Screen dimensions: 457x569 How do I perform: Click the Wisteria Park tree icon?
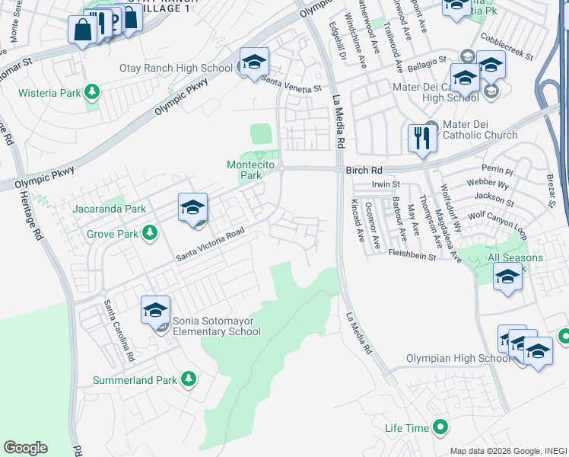point(92,93)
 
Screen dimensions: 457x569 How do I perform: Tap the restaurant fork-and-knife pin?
point(420,139)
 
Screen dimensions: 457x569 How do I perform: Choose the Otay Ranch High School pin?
point(255,62)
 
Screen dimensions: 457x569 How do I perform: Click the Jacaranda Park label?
point(109,209)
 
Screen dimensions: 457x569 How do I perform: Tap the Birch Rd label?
point(363,171)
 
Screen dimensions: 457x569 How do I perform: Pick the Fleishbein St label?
point(412,257)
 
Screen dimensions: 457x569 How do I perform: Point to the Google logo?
point(25,448)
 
